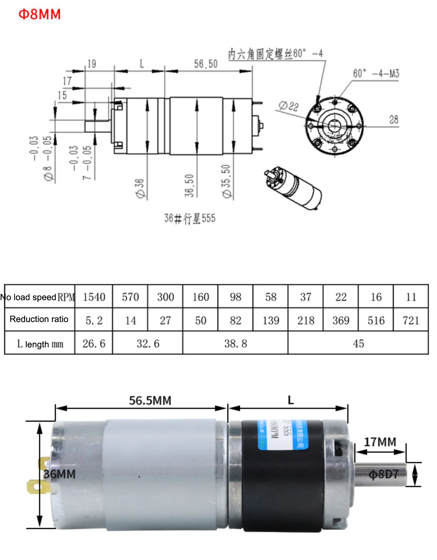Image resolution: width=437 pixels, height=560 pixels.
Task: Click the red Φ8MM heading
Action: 40,14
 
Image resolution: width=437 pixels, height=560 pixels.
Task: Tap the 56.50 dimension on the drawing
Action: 206,64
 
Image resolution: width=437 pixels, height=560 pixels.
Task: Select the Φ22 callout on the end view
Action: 288,106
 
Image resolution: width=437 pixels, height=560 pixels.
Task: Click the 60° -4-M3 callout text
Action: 376,73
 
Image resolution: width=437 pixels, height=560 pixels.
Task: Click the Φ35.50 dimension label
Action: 226,181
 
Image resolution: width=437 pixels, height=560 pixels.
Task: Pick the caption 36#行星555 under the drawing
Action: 190,218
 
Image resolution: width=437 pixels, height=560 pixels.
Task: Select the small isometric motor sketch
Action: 293,188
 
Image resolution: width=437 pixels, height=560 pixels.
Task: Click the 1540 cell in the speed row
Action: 94,297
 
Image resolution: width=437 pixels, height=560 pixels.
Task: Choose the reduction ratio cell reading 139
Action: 271,321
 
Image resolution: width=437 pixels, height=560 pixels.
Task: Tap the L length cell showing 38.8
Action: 235,344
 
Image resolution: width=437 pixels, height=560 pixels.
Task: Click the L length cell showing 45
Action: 358,344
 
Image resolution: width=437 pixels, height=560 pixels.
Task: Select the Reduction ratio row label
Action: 39,319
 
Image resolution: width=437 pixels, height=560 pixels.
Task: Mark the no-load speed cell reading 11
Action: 411,297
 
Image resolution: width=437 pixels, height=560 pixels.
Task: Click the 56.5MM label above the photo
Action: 150,401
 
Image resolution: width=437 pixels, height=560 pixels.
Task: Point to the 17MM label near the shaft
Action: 380,442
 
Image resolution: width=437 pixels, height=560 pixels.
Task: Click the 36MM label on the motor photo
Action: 59,474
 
